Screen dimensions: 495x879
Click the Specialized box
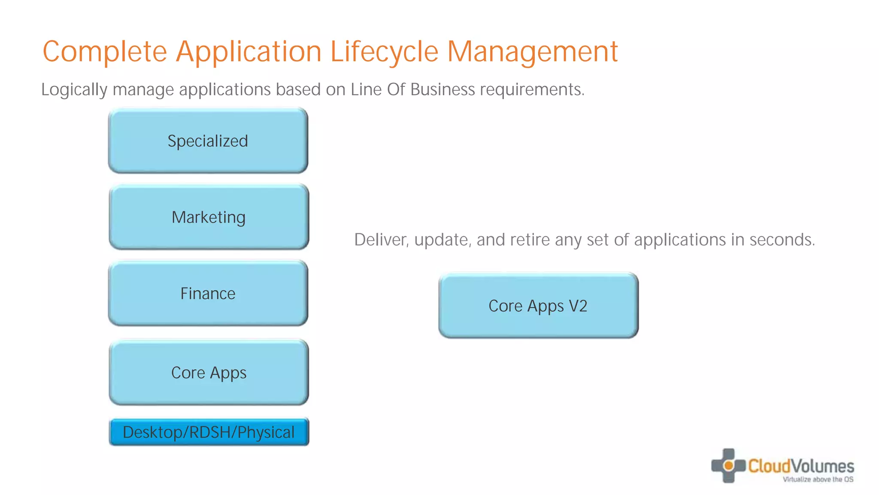click(x=208, y=141)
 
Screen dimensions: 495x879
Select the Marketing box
click(x=209, y=217)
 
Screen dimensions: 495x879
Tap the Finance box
click(x=208, y=293)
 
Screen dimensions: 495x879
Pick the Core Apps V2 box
click(x=538, y=306)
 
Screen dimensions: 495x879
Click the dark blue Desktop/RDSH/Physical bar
click(x=209, y=432)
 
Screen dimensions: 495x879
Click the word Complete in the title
click(x=104, y=52)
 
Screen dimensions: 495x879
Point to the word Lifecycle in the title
click(x=384, y=52)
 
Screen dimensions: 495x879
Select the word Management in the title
click(x=532, y=52)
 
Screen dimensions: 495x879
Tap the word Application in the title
click(x=249, y=52)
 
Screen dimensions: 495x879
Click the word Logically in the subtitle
click(x=74, y=90)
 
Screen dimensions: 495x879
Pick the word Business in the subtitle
click(x=443, y=89)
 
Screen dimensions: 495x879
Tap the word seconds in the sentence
click(x=782, y=240)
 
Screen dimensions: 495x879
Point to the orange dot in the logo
click(x=728, y=465)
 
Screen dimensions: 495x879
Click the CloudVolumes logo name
click(x=801, y=466)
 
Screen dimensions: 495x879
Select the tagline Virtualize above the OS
click(x=818, y=480)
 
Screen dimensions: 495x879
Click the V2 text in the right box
click(x=578, y=306)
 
